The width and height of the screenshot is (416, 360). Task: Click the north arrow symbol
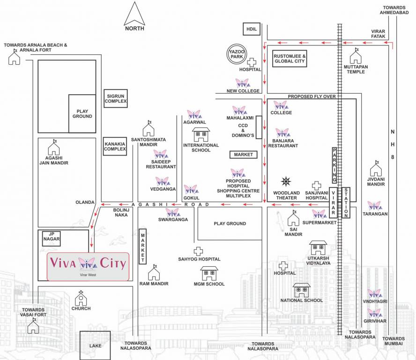(x=135, y=15)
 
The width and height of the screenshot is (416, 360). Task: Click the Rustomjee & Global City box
(x=290, y=59)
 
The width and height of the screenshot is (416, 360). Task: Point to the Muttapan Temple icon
(x=356, y=56)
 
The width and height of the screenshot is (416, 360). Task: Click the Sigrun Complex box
(x=115, y=98)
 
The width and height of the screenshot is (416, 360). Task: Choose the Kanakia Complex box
(x=115, y=146)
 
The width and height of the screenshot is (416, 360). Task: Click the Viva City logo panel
(x=88, y=266)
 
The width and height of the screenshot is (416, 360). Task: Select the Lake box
(x=95, y=345)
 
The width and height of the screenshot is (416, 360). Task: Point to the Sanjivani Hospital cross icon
(x=317, y=186)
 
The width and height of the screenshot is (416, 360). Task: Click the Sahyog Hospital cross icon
(x=199, y=251)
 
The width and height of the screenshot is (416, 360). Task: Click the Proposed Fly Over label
(x=312, y=96)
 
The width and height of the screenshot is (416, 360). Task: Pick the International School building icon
(x=201, y=135)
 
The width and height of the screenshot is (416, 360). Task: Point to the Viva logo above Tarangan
(x=374, y=205)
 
